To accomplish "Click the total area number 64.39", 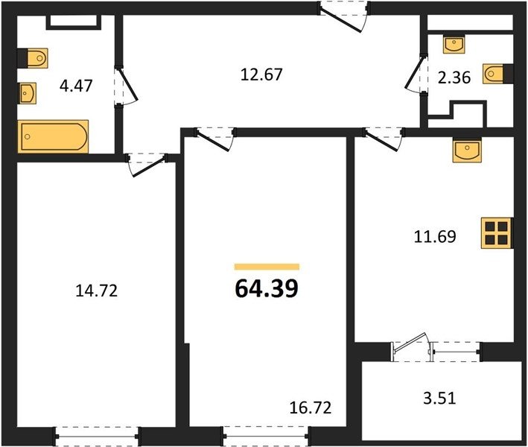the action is pyautogui.click(x=267, y=288).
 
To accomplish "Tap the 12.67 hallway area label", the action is pyautogui.click(x=261, y=74).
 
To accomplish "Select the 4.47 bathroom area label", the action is pyautogui.click(x=76, y=86).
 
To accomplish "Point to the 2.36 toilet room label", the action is pyautogui.click(x=454, y=77).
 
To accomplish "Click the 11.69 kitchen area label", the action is pyautogui.click(x=435, y=236).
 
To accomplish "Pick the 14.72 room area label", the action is pyautogui.click(x=97, y=291).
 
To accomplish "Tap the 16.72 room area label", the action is pyautogui.click(x=311, y=408).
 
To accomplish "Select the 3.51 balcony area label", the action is pyautogui.click(x=439, y=398).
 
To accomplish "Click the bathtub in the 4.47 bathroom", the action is pyautogui.click(x=53, y=136).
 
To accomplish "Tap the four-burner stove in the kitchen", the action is pyautogui.click(x=497, y=233).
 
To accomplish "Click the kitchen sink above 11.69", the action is pyautogui.click(x=467, y=150).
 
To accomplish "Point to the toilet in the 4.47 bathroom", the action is pyautogui.click(x=33, y=58).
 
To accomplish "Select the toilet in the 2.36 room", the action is pyautogui.click(x=498, y=74).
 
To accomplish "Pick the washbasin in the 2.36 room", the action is pyautogui.click(x=454, y=45).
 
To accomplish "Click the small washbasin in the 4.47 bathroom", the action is pyautogui.click(x=28, y=93).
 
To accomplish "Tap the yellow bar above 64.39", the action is pyautogui.click(x=267, y=267).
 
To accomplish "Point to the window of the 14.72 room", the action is pyautogui.click(x=97, y=437).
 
